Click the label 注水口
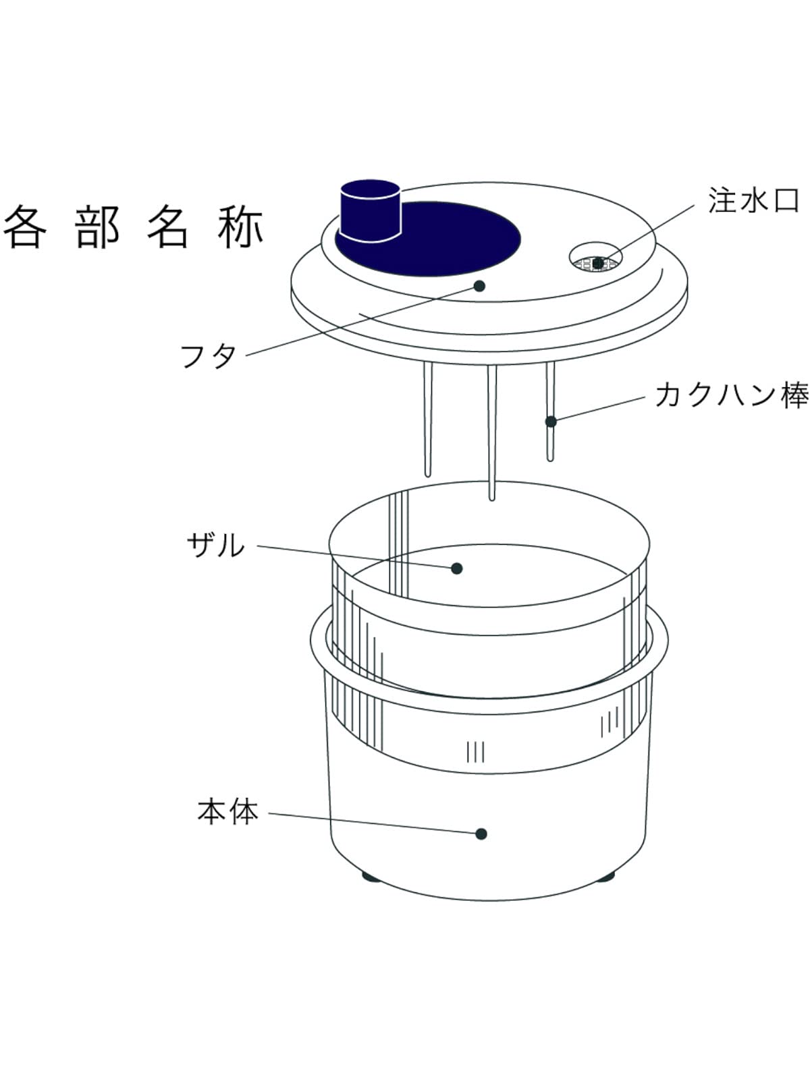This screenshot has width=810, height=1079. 753,200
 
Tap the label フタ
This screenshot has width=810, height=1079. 208,355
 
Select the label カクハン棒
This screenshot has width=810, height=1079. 731,395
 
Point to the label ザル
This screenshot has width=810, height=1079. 215,545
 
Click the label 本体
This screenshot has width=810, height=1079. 227,811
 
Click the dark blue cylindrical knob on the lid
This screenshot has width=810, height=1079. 370,210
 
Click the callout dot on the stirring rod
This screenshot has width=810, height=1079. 551,421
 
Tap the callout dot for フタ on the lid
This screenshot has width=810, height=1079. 479,286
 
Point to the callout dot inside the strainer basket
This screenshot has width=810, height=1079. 457,568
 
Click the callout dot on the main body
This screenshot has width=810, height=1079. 481,834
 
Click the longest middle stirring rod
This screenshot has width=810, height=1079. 492,432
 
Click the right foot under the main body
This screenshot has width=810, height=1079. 605,877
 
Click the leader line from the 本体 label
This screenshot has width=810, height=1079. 371,823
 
